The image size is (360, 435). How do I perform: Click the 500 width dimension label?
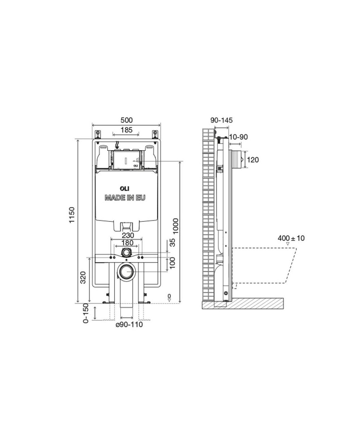[x=126, y=120]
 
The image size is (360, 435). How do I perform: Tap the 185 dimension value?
[x=126, y=130]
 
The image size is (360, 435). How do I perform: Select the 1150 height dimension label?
[x=72, y=215]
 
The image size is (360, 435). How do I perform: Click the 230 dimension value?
[x=128, y=236]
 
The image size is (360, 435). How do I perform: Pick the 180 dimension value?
[x=127, y=243]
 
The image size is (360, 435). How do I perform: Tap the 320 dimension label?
[x=83, y=277]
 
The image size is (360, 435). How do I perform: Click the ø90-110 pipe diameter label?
[x=129, y=324]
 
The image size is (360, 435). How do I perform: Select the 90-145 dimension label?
[x=221, y=120]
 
